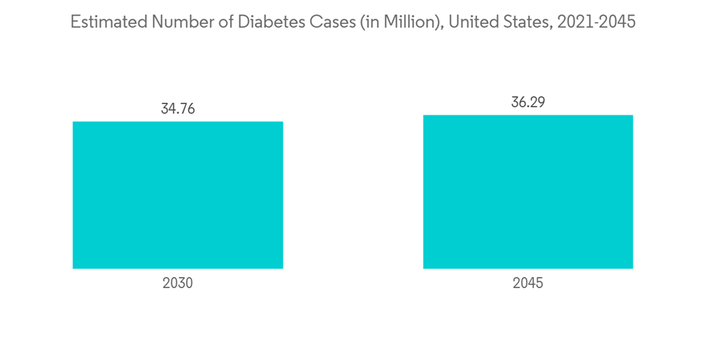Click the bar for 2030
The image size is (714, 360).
(x=178, y=195)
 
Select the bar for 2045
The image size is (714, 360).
(x=528, y=191)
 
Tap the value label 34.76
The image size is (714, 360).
(x=178, y=109)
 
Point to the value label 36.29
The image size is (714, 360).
(x=528, y=102)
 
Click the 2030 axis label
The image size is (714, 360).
(x=178, y=283)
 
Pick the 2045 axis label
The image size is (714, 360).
(x=528, y=283)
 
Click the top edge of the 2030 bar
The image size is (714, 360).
(x=178, y=122)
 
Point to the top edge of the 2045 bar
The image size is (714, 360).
(x=528, y=116)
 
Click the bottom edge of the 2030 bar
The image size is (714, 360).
(x=178, y=268)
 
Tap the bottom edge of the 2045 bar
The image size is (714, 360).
(x=528, y=268)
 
